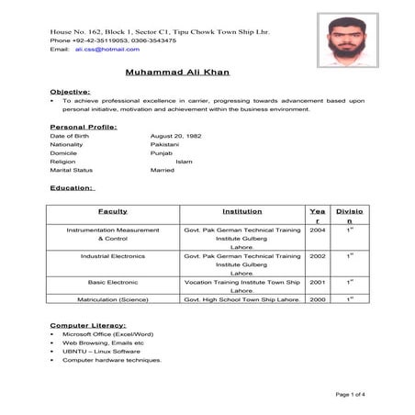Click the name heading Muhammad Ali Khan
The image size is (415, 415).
point(179,72)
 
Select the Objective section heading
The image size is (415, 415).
point(70,92)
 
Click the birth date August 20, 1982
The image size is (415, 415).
point(175,137)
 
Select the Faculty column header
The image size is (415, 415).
point(112,210)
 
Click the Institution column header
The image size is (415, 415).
point(242,210)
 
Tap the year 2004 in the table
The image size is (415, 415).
point(318,230)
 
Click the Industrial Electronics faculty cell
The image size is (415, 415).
point(113,256)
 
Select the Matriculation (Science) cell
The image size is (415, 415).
point(113,299)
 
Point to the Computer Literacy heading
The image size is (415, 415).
point(89,326)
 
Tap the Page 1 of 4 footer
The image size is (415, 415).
point(351,394)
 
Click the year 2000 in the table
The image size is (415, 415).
point(318,299)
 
